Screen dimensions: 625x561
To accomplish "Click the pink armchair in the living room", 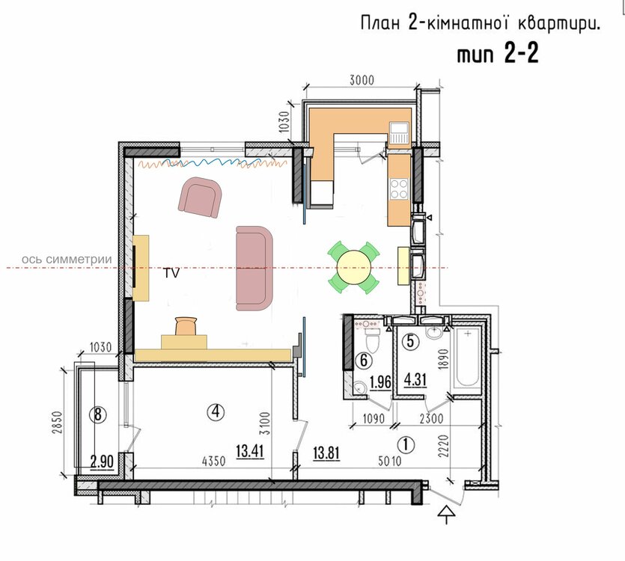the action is pos(200,197).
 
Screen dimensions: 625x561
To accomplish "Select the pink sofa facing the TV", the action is pos(254,268).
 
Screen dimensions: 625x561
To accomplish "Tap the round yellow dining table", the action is pos(353,267).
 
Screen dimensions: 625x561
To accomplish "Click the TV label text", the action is pos(171,273).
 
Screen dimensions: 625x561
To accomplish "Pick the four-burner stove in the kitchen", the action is pos(399,188).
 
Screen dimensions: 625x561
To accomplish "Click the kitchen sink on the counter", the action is pos(400,132).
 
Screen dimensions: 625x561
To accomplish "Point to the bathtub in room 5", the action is pos(467,357).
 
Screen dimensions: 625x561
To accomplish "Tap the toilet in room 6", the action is pos(373,339).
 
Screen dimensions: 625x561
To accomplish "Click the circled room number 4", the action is pos(216,411).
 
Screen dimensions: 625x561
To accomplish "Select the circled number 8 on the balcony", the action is pos(98,415).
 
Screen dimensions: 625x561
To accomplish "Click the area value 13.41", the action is pos(250,452).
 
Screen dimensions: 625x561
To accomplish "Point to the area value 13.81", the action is pos(326,453).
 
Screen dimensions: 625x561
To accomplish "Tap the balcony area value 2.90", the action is pos(102,462).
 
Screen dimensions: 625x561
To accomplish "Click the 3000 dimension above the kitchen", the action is pos(362,81).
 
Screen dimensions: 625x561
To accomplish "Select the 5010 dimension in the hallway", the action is pos(390,461).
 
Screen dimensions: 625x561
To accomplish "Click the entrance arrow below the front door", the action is pos(446,515).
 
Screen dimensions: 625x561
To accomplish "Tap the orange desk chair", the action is pos(186,326).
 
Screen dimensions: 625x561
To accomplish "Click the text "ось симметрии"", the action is pos(67,260).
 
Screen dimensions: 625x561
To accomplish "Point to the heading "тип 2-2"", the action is pos(498,53).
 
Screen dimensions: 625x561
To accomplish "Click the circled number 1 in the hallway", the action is pos(406,444).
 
